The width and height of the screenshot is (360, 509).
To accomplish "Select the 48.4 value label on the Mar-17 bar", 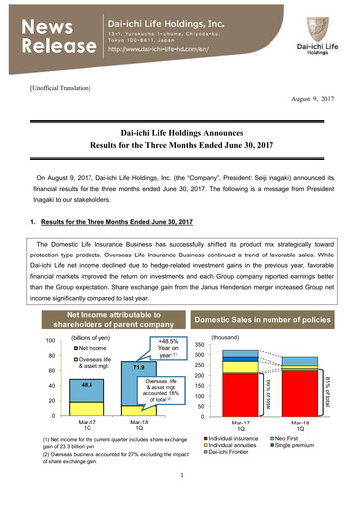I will click(60, 383).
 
